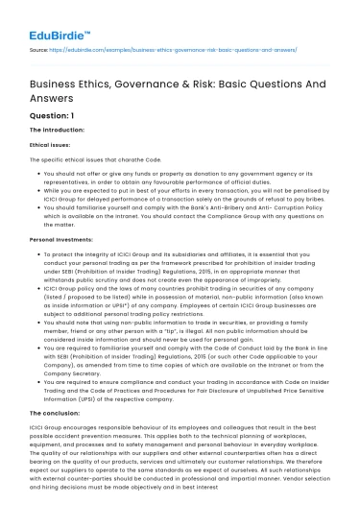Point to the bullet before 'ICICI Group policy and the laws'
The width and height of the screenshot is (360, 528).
[34, 287]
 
